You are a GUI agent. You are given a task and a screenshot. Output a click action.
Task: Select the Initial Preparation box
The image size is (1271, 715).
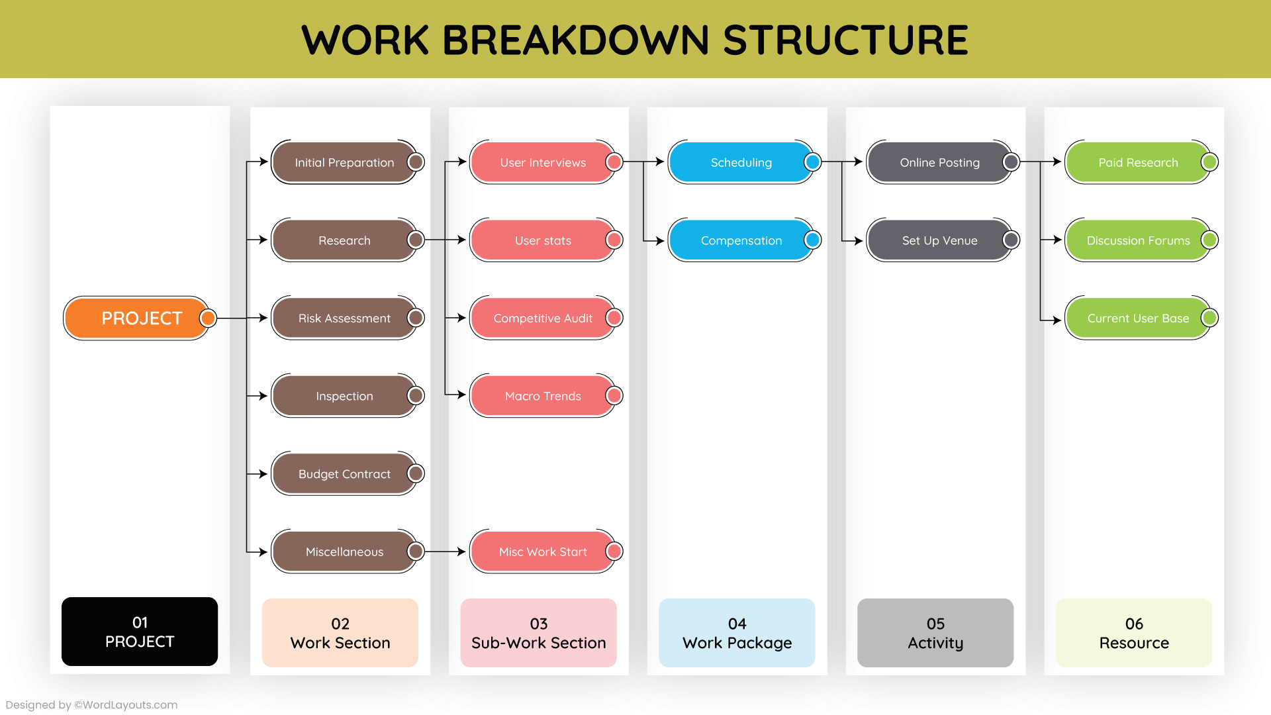344,162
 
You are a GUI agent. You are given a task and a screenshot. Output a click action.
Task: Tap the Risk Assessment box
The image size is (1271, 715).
344,318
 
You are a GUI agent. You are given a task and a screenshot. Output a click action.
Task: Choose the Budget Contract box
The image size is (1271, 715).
344,474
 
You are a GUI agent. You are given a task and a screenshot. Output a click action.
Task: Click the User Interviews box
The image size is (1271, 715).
542,162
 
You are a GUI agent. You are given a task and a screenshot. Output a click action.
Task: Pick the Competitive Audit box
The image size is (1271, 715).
542,318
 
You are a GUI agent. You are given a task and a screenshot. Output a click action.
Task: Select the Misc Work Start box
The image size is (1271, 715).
542,551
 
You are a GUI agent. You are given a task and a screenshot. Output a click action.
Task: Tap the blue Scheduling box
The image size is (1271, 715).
741,162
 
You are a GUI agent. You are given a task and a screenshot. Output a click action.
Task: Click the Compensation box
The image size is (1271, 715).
741,240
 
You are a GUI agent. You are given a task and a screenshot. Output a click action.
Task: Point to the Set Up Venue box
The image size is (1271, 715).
939,240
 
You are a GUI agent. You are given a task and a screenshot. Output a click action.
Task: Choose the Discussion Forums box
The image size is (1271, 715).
1138,240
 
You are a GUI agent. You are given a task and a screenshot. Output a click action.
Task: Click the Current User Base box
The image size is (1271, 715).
1138,318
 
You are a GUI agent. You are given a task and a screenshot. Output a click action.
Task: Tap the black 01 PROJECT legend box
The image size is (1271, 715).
140,632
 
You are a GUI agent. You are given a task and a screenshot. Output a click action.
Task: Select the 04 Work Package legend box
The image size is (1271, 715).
737,633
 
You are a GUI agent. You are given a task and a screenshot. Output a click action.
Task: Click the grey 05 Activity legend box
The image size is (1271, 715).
935,633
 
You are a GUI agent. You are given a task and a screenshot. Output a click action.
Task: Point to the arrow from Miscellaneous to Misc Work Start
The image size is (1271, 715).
445,551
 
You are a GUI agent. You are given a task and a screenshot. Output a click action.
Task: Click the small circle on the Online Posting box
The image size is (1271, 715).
1011,162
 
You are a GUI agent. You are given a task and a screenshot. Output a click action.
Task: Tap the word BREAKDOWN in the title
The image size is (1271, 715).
577,40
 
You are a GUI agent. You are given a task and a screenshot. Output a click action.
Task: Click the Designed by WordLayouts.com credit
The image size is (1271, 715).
91,705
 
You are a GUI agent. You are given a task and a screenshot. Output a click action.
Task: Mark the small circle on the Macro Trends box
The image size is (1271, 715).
614,396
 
